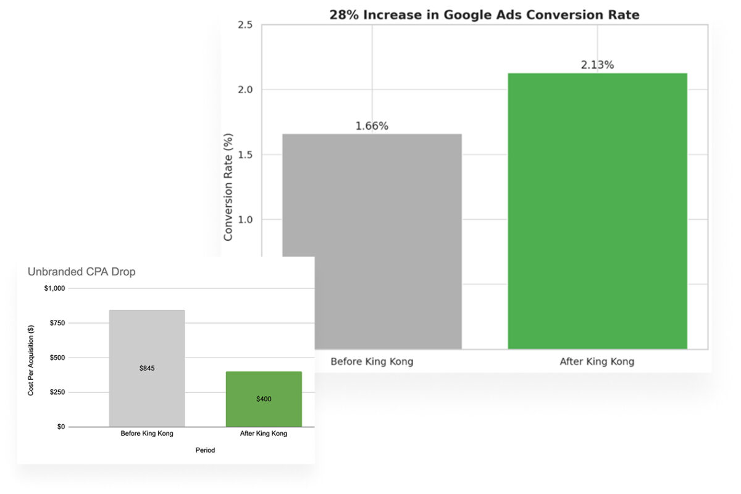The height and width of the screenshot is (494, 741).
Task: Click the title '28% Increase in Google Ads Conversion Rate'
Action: (484, 15)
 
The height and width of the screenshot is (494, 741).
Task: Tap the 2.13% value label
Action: (597, 65)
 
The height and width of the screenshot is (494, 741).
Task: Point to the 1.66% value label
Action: (372, 126)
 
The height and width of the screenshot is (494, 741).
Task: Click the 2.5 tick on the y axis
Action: (245, 25)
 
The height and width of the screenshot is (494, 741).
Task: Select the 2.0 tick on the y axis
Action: (245, 90)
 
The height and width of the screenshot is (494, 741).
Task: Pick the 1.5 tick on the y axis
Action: (245, 155)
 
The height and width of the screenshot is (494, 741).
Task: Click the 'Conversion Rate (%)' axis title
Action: (228, 186)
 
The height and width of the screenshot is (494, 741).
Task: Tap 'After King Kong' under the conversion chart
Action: (597, 362)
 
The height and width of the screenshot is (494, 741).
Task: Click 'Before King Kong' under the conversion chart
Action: (372, 362)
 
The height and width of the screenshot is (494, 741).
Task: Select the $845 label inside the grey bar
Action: (147, 368)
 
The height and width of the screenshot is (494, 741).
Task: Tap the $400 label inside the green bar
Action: (264, 399)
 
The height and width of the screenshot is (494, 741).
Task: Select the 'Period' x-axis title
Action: (205, 450)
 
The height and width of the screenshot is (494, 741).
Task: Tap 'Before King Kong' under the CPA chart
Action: (147, 433)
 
